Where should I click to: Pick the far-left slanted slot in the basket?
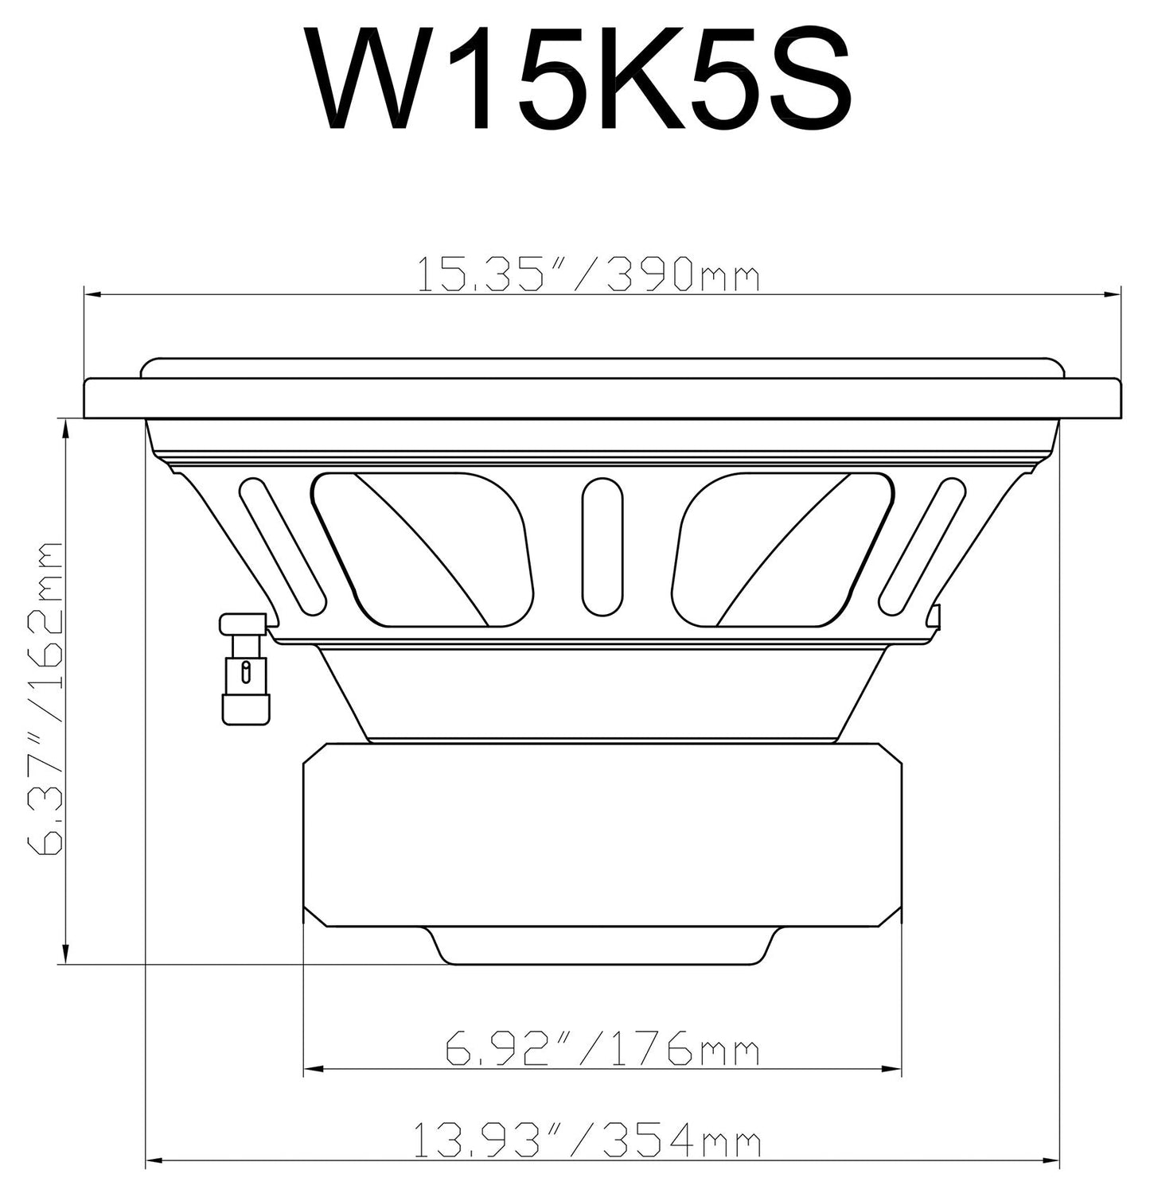pyautogui.click(x=283, y=547)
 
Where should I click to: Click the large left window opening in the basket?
pyautogui.click(x=422, y=549)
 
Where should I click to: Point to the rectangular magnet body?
pyautogui.click(x=602, y=835)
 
